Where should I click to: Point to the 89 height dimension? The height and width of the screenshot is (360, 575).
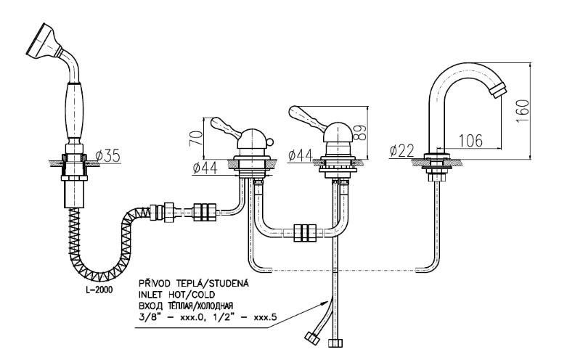(x=357, y=131)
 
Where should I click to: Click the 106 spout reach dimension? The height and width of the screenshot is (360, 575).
(x=471, y=140)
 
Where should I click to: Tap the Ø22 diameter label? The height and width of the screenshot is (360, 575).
(x=401, y=151)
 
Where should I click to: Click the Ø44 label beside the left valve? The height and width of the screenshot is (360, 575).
(x=206, y=168)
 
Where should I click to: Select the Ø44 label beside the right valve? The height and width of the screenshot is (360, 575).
(x=301, y=155)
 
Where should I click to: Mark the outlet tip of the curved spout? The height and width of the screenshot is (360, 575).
(x=498, y=91)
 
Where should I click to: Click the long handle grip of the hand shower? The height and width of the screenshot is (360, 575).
(x=74, y=110)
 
